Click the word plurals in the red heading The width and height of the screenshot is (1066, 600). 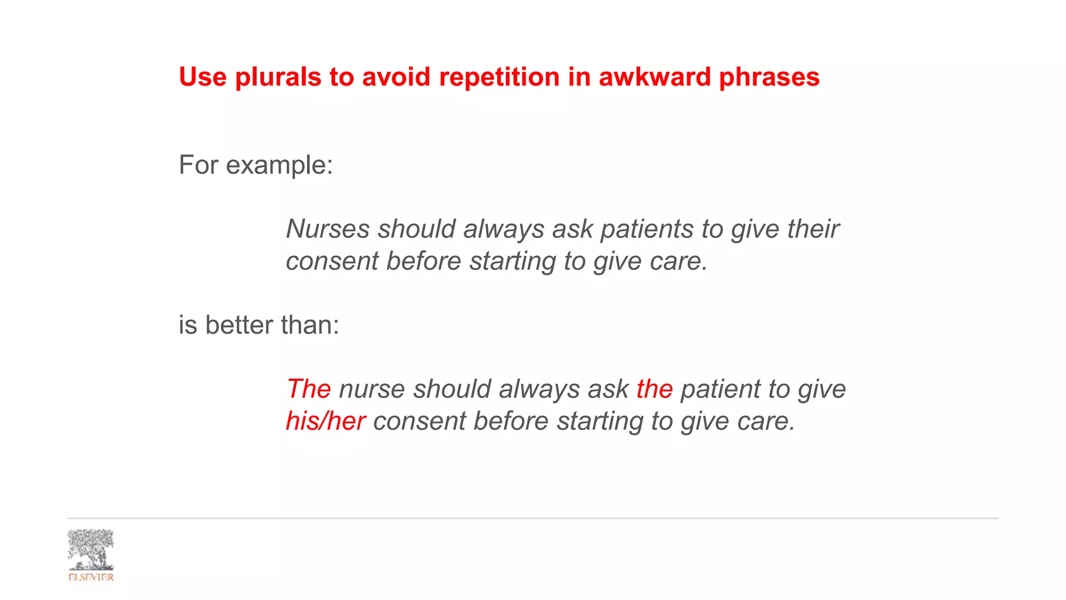click(x=278, y=78)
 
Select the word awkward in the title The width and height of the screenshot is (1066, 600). click(x=654, y=77)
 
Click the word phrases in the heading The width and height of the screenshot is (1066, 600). click(x=769, y=78)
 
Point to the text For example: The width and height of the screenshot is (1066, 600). click(x=256, y=165)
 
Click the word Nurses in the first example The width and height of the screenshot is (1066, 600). click(x=327, y=229)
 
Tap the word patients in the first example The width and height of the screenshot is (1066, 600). click(x=646, y=229)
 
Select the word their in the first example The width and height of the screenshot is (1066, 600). click(x=813, y=229)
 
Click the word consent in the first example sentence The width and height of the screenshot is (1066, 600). click(x=332, y=261)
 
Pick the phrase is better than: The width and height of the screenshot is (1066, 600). click(x=259, y=325)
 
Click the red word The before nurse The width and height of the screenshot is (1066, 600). click(x=308, y=389)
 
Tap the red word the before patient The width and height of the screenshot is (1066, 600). click(x=654, y=389)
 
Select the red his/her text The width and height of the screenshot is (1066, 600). click(x=325, y=421)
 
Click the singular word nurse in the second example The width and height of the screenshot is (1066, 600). click(x=372, y=389)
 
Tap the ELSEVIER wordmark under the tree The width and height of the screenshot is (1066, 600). click(x=91, y=577)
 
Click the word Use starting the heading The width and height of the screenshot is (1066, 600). click(x=202, y=78)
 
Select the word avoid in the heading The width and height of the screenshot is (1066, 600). click(x=396, y=77)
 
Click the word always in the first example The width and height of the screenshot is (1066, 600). click(x=503, y=229)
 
